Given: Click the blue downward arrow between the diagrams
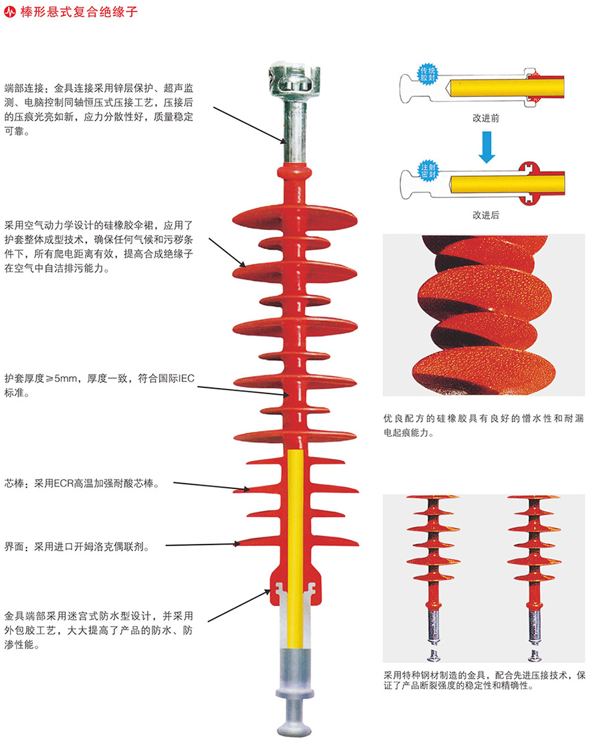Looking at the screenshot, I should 487,147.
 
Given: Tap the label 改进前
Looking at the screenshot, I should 486,118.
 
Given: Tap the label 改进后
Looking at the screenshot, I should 486,215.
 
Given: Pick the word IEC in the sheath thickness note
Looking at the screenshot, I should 185,379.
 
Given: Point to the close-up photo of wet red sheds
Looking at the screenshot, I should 483,314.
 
